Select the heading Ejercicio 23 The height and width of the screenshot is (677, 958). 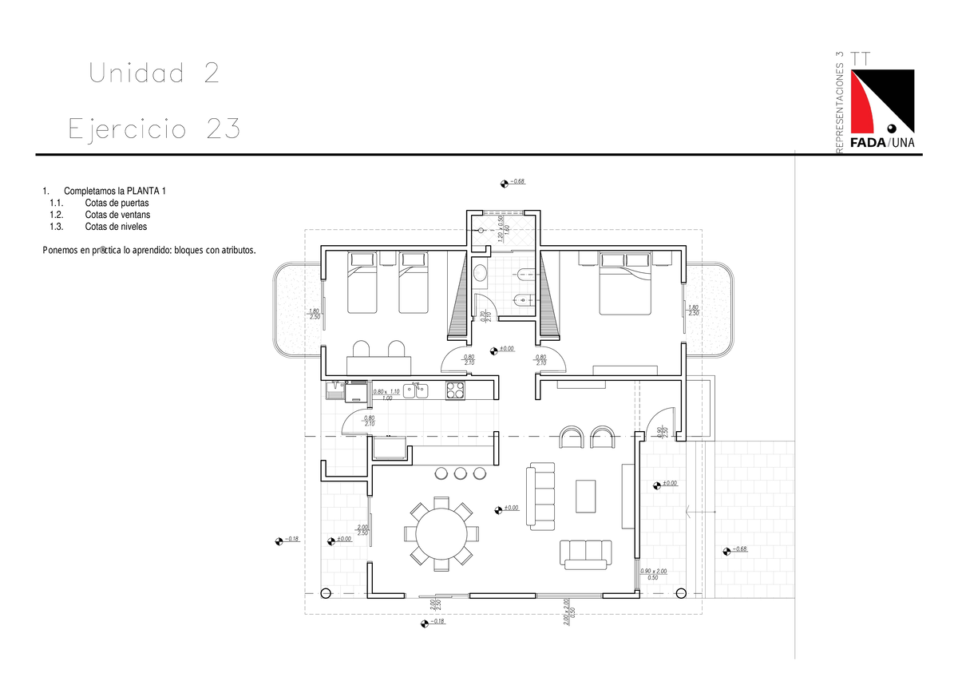[154, 129]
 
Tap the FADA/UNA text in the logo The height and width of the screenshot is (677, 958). [882, 143]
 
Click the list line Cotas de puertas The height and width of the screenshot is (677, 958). [117, 204]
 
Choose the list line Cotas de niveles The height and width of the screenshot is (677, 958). [115, 226]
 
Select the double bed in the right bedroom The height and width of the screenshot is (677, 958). [625, 279]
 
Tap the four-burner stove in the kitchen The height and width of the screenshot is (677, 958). [455, 390]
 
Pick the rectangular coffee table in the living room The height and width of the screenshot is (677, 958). [586, 496]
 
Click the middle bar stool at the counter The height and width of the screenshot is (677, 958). [460, 473]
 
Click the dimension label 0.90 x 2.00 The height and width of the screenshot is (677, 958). [653, 572]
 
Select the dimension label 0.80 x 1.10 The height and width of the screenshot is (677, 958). [386, 392]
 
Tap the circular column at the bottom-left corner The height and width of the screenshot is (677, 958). [325, 593]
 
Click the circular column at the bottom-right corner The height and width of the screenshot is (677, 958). [681, 593]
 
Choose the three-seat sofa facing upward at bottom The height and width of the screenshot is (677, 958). [586, 553]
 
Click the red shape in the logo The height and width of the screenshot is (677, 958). [865, 104]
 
